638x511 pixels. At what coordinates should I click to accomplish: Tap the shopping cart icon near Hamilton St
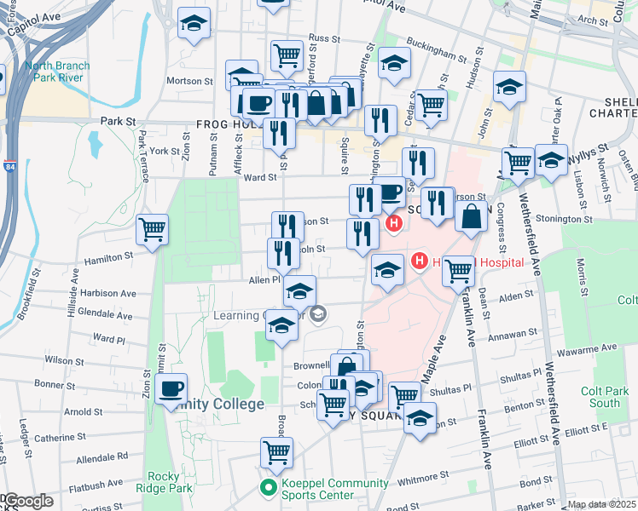(x=152, y=228)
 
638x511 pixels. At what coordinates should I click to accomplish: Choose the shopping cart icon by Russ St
(x=287, y=55)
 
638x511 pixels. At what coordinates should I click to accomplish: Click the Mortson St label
(x=190, y=82)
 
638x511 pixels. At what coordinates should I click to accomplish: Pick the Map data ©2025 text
(x=601, y=504)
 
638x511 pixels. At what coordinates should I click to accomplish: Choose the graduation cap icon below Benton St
(x=419, y=418)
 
